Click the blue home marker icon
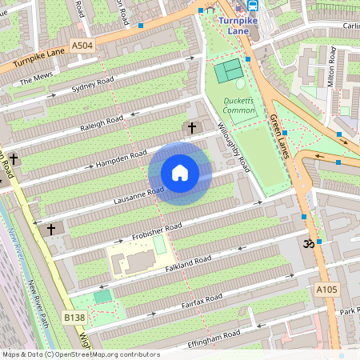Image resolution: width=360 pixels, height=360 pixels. click(180, 173)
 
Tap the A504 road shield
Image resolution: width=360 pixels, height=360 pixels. click(82, 46)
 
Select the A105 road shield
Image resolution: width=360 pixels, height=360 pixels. click(326, 289)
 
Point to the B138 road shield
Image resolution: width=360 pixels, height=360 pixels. click(74, 318)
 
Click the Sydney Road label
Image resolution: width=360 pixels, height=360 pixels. click(93, 85)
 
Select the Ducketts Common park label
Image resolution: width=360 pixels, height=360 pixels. click(238, 105)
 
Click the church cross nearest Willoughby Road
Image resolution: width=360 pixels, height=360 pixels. click(191, 127)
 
